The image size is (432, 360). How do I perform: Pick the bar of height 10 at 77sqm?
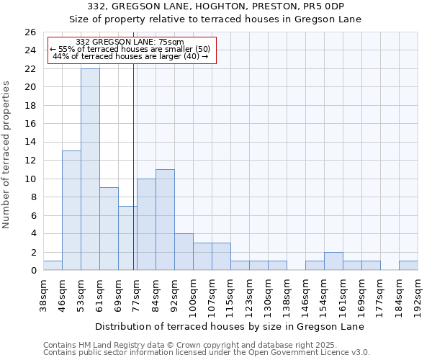(x=146, y=224)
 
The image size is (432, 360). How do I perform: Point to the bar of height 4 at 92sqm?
(x=184, y=252)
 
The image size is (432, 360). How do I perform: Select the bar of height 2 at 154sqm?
(x=333, y=261)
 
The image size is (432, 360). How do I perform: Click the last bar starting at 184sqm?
(x=408, y=266)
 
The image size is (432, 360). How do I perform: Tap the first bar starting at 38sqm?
(x=53, y=266)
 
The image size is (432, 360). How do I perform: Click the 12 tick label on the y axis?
(x=30, y=161)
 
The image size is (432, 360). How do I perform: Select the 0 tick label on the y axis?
(x=33, y=271)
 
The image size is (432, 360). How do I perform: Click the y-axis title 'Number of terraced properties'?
(x=7, y=155)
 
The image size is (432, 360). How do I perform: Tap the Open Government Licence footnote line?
(x=207, y=353)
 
